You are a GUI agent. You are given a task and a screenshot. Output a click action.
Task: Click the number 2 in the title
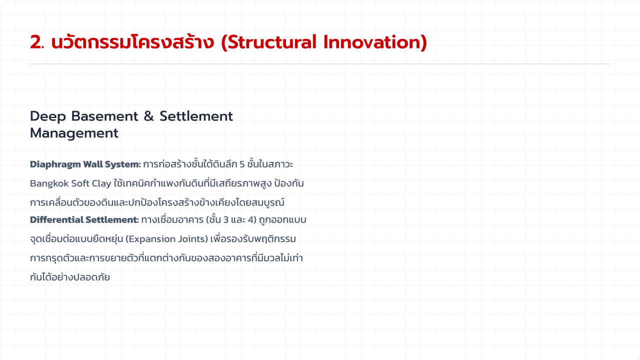coord(36,42)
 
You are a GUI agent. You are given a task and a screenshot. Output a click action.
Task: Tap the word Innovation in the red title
coord(372,42)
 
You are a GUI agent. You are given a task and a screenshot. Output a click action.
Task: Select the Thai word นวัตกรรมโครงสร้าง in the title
coord(132,41)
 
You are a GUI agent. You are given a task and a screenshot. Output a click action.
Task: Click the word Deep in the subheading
coord(48,117)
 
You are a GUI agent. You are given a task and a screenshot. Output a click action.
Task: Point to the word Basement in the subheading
coord(104,116)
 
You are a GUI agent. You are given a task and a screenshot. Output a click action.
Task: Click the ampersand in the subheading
coord(148,116)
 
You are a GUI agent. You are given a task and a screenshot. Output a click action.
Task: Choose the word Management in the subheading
coord(74,133)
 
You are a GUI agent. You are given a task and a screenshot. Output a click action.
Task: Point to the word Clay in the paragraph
coord(101,183)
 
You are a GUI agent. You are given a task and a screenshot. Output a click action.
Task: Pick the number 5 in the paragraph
coord(242,164)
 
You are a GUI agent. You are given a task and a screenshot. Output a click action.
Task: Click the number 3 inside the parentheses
coord(226,219)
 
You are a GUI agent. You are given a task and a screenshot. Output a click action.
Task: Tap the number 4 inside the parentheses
coord(251,219)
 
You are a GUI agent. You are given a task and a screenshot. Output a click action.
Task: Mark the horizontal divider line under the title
coord(320,64)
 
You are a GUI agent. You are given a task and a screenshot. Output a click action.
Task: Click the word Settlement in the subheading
coord(196,116)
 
